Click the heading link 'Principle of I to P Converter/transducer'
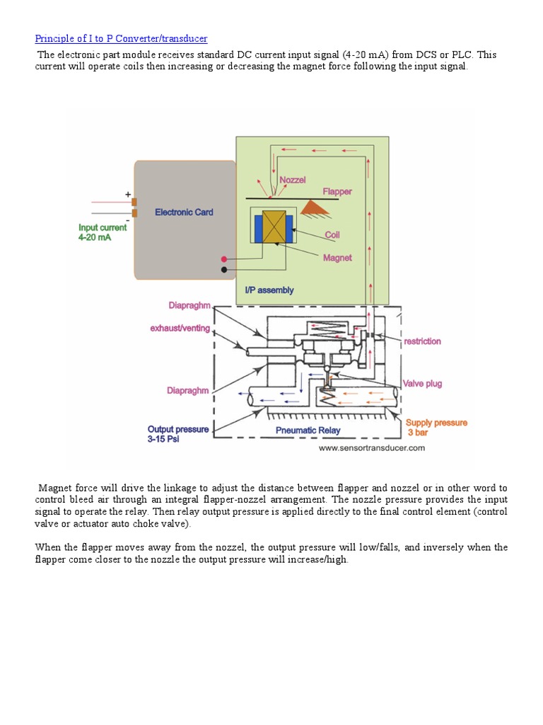click(x=121, y=38)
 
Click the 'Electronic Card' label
click(x=184, y=212)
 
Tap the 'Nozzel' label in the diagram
click(x=292, y=181)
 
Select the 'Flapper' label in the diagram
click(x=337, y=192)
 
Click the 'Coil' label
click(x=332, y=234)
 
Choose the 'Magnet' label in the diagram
click(x=337, y=258)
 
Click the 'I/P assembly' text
click(x=269, y=290)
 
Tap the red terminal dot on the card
click(x=224, y=260)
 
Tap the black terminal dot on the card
click(x=224, y=269)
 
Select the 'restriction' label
click(x=422, y=341)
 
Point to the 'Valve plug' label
click(x=422, y=384)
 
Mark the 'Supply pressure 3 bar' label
click(x=436, y=427)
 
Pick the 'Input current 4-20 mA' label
click(x=103, y=232)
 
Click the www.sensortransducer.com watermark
click(x=371, y=448)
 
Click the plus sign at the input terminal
click(x=128, y=194)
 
